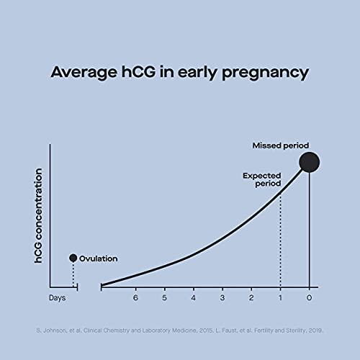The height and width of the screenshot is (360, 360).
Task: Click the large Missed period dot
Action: coord(309,162)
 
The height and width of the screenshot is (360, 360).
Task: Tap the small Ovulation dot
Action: coord(73,258)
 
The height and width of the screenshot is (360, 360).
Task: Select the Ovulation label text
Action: coord(98,258)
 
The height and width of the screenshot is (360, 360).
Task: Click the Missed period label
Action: coord(280,145)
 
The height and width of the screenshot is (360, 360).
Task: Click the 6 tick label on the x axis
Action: coord(135,297)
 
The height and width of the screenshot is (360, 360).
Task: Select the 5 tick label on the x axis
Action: coord(164,297)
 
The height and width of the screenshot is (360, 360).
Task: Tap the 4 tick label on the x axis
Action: coord(193,297)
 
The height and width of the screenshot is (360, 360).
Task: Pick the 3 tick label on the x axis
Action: coord(222,297)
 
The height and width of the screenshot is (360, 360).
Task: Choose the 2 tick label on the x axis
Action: coord(251,297)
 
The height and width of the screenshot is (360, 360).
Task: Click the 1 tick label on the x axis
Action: coord(280,297)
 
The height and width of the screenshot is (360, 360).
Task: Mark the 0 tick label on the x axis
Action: coord(309,297)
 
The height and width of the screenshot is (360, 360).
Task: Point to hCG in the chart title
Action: coord(144,73)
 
